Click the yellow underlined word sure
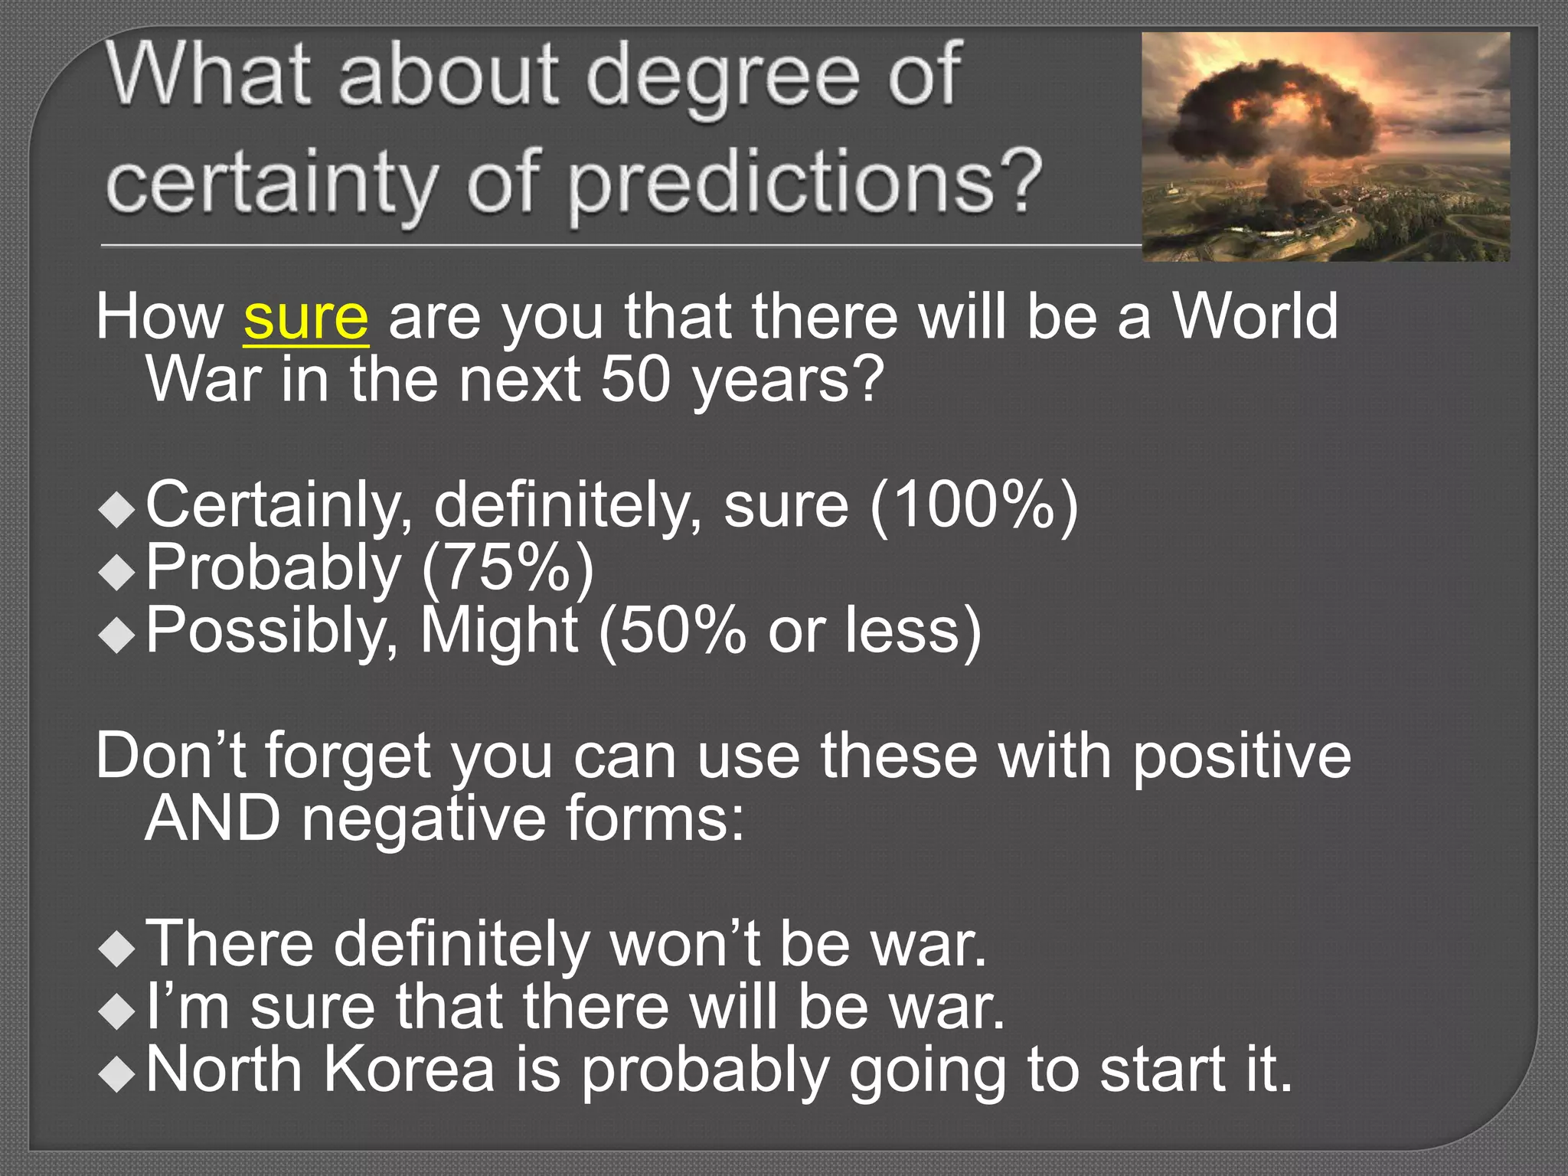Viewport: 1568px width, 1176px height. click(x=306, y=319)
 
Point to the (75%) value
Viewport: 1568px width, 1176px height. click(x=508, y=568)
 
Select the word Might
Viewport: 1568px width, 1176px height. click(x=498, y=632)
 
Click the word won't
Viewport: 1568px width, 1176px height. click(x=685, y=944)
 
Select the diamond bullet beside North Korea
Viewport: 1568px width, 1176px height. click(x=117, y=1074)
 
